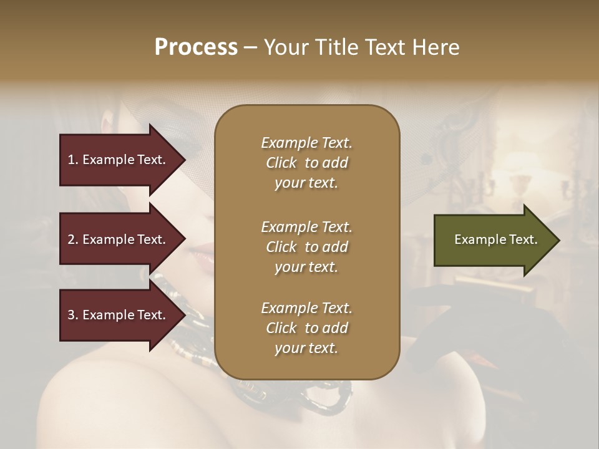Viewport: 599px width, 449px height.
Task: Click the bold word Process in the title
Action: pyautogui.click(x=196, y=47)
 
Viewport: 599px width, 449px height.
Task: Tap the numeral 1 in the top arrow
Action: pyautogui.click(x=71, y=160)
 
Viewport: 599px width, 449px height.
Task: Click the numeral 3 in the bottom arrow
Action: pyautogui.click(x=71, y=315)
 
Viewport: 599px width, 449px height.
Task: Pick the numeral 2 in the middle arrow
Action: pyautogui.click(x=71, y=239)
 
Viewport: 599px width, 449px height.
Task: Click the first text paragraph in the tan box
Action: pyautogui.click(x=306, y=163)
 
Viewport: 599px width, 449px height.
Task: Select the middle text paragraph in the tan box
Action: pyautogui.click(x=306, y=247)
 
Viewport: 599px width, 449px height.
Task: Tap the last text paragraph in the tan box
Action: pyautogui.click(x=306, y=328)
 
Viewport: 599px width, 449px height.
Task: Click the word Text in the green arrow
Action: pyautogui.click(x=524, y=239)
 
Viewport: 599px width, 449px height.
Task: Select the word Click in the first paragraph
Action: pyautogui.click(x=281, y=163)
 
